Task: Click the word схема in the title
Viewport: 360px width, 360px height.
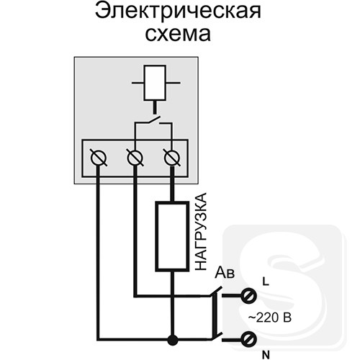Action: [178, 34]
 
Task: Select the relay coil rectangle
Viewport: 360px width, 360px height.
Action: [155, 83]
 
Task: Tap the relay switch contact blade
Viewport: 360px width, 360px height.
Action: [153, 120]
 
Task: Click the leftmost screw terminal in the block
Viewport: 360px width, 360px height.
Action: [99, 158]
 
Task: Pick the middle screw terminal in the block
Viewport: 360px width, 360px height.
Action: [135, 158]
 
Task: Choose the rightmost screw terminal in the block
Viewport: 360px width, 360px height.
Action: [172, 158]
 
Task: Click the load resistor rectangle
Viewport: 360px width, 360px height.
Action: [172, 237]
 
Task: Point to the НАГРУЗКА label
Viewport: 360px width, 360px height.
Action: [200, 232]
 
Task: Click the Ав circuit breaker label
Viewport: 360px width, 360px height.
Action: [225, 273]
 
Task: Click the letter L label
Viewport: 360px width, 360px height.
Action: [266, 282]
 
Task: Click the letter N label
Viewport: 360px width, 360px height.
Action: [266, 354]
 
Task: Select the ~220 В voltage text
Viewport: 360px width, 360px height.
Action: [270, 318]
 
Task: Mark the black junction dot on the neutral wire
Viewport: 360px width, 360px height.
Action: [172, 340]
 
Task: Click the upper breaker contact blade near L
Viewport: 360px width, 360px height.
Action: [216, 292]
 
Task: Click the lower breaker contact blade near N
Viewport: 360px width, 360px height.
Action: [216, 336]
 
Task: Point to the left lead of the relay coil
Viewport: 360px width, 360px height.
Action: [138, 83]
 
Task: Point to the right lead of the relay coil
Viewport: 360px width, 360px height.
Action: [173, 83]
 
